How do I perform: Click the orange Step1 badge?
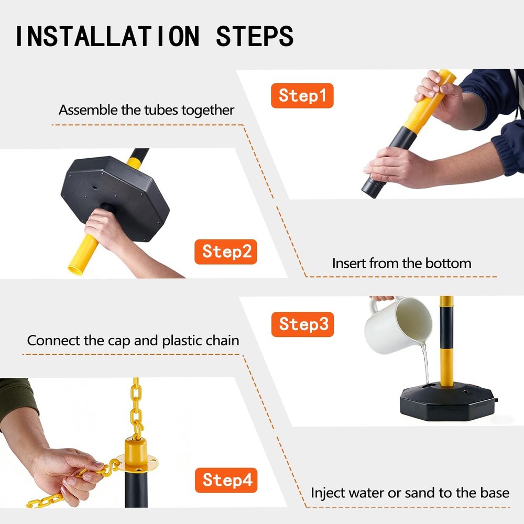click(302, 95)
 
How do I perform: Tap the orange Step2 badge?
click(225, 252)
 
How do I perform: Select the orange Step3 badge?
click(302, 324)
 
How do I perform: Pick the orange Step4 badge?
click(226, 480)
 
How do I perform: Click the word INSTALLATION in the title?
click(107, 36)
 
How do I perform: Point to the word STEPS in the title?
click(255, 36)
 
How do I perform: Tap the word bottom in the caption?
click(449, 264)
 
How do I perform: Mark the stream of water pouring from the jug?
click(425, 364)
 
